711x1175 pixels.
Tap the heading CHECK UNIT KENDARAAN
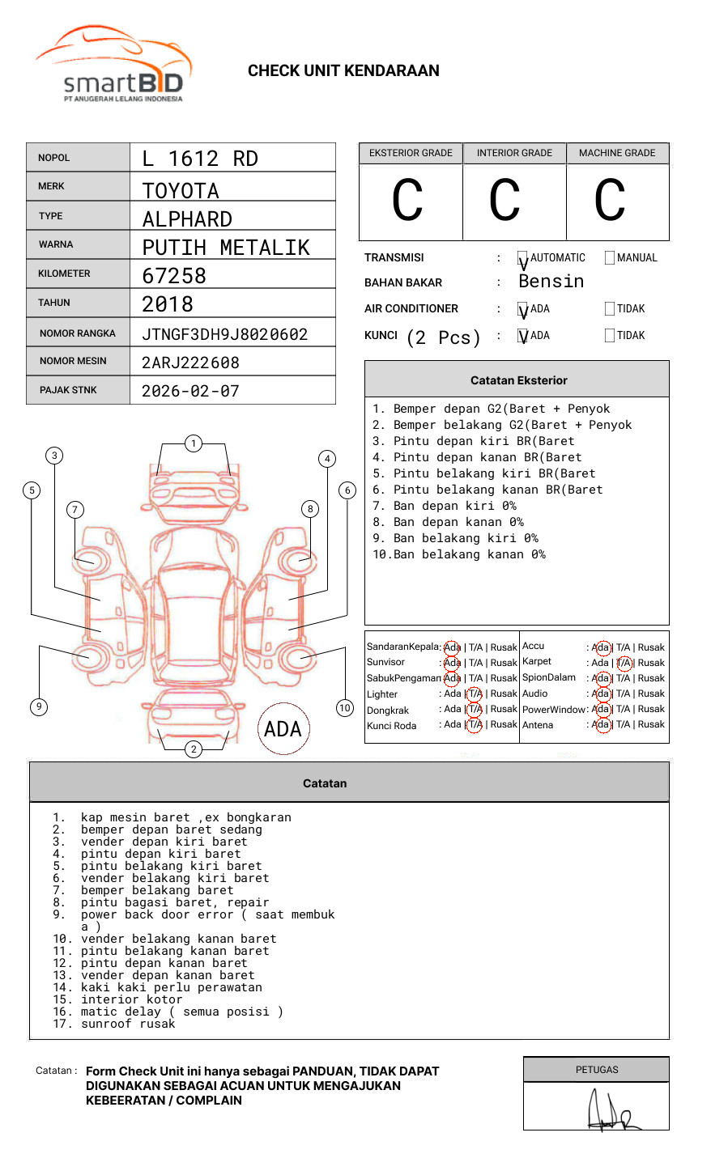coord(343,71)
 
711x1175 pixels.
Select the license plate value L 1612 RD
coord(200,159)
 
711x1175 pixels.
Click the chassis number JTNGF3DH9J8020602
coord(224,334)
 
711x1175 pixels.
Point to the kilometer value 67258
coord(174,276)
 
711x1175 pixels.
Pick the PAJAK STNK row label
coord(68,390)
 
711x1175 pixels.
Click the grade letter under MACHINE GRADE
coord(610,201)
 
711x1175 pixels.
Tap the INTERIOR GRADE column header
coord(514,153)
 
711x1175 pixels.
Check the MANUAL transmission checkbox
coord(610,258)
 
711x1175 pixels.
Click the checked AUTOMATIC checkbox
coord(523,259)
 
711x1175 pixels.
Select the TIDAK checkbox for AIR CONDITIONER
coord(610,309)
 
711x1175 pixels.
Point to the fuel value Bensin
coord(551,282)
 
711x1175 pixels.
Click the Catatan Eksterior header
coord(518,380)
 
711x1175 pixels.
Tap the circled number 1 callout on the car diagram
coord(193,443)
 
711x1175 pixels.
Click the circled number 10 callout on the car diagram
coord(345,708)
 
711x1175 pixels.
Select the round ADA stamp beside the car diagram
coord(283,729)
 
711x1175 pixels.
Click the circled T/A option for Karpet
coord(624,663)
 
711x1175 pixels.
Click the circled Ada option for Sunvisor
coord(452,663)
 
